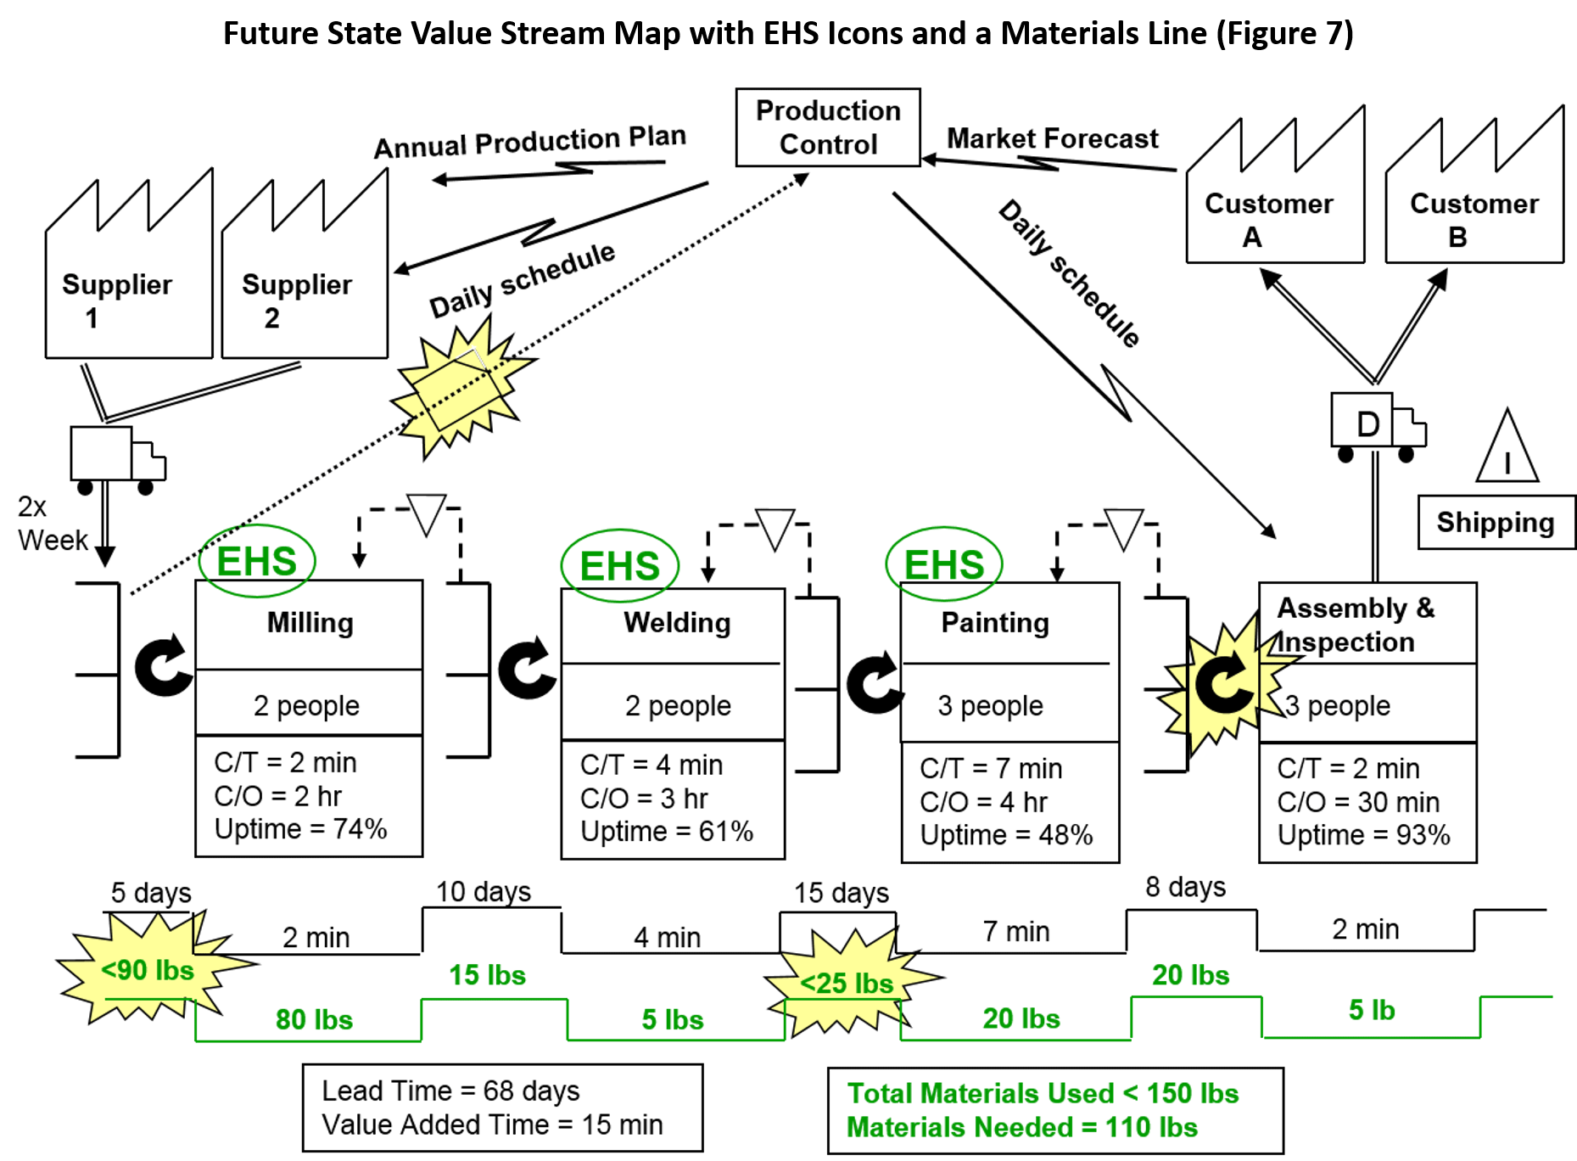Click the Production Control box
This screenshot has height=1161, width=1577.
(x=827, y=127)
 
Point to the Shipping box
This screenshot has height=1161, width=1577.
(x=1496, y=522)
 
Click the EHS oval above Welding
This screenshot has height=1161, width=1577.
(x=620, y=565)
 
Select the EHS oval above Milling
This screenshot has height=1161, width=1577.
(x=257, y=561)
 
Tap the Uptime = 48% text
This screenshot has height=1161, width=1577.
(x=1006, y=835)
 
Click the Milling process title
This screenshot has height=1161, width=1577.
(x=310, y=622)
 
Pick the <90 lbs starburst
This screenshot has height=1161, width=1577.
(x=148, y=969)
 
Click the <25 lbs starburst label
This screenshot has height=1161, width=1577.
(x=847, y=983)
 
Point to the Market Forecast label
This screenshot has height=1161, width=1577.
(x=1052, y=138)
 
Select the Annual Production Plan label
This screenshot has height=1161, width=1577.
(x=530, y=142)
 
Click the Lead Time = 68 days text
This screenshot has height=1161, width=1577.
(x=450, y=1091)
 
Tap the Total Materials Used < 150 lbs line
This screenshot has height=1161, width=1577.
(x=1043, y=1093)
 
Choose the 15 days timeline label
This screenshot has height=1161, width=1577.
(x=841, y=893)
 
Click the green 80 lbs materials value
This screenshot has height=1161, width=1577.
(x=314, y=1019)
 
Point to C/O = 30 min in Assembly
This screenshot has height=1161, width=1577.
(x=1358, y=802)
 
